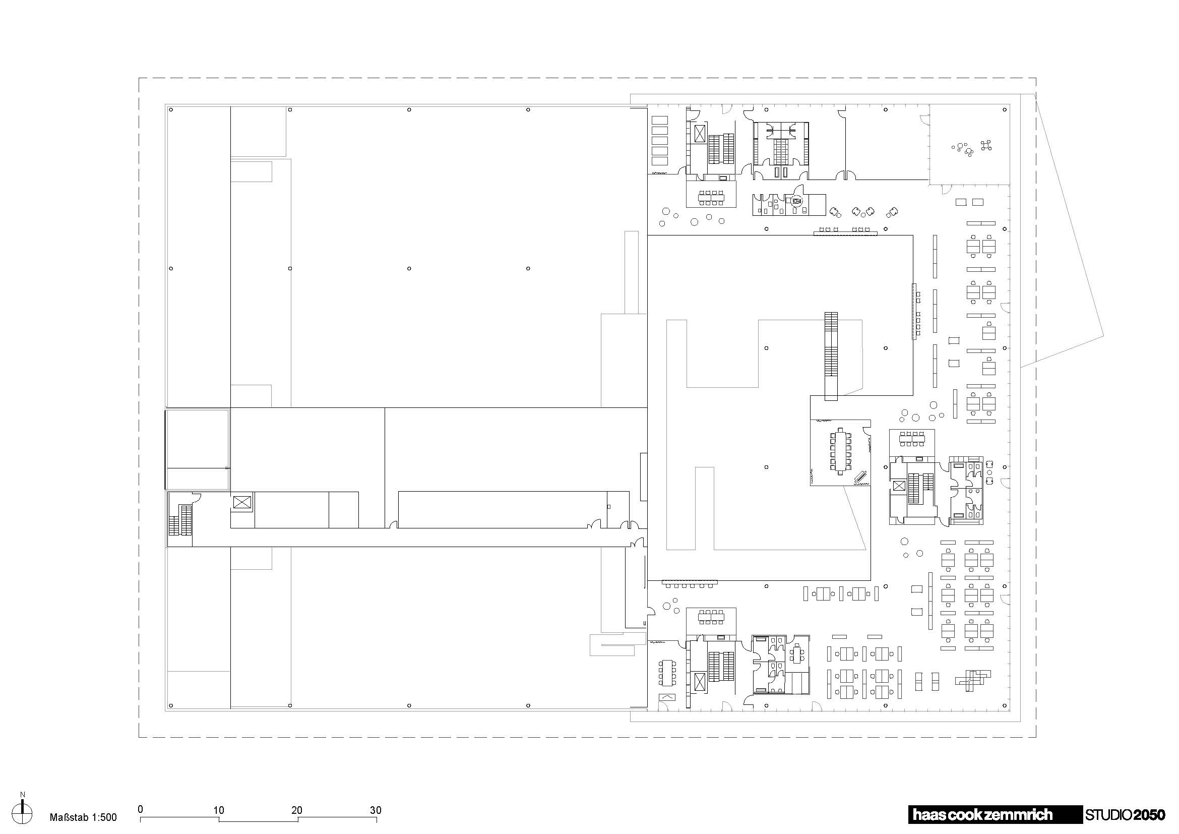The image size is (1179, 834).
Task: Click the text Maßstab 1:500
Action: (x=83, y=817)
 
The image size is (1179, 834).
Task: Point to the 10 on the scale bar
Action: (x=218, y=810)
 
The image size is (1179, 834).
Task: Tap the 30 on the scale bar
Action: (x=376, y=810)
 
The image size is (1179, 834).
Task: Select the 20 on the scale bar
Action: (x=297, y=810)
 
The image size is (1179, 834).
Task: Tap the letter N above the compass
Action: (x=23, y=795)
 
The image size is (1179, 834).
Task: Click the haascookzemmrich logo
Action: (x=982, y=814)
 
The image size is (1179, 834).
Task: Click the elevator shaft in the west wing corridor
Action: (x=241, y=502)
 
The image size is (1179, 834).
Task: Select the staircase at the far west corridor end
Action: (x=180, y=520)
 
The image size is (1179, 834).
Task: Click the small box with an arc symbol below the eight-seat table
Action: (x=667, y=697)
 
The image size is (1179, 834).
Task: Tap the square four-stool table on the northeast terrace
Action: (x=985, y=145)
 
